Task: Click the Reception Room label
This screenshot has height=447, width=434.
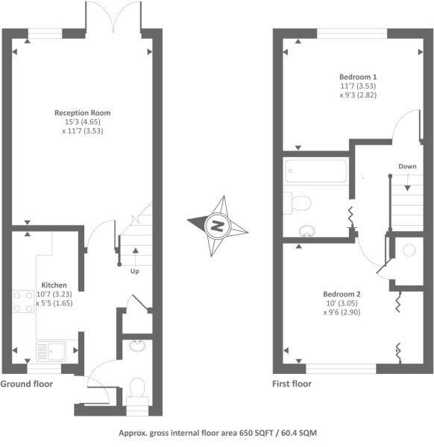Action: click(83, 113)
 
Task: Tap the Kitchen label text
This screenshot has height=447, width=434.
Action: click(54, 285)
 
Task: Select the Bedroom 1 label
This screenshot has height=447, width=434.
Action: click(358, 77)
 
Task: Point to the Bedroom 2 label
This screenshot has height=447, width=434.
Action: click(342, 294)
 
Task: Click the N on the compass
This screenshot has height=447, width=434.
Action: click(217, 226)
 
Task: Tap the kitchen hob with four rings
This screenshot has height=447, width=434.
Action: click(23, 302)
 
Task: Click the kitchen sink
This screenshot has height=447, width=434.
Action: click(51, 352)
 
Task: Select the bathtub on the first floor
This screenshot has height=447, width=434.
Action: click(316, 171)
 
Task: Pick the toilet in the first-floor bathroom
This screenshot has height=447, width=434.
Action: click(298, 203)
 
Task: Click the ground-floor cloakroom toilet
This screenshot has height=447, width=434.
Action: click(137, 394)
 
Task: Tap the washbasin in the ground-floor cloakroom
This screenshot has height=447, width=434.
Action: click(137, 345)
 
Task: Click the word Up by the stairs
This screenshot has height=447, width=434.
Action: click(135, 271)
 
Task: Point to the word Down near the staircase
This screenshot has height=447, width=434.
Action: click(407, 166)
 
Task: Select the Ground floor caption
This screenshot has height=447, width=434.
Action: click(27, 384)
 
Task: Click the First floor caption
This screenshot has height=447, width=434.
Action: click(292, 384)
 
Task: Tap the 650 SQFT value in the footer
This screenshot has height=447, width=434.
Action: click(256, 433)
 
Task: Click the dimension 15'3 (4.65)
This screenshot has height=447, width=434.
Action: click(83, 122)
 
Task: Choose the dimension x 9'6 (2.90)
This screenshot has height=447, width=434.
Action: click(342, 312)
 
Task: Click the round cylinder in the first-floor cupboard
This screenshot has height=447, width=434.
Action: click(409, 250)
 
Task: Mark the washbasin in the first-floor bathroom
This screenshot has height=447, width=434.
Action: click(306, 231)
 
